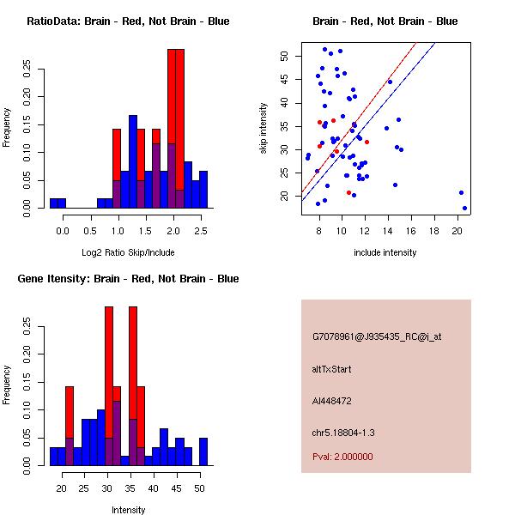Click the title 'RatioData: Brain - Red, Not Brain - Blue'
[x=128, y=21]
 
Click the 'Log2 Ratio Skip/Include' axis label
[x=128, y=253]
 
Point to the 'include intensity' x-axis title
[x=385, y=253]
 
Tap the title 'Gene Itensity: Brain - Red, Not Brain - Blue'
[x=128, y=279]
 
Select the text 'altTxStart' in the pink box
[x=331, y=369]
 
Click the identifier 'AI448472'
[x=332, y=401]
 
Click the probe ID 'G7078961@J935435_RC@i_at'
[x=377, y=337]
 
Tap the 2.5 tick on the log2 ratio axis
[x=202, y=231]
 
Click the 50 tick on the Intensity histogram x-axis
[x=198, y=488]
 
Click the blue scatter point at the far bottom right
[x=464, y=208]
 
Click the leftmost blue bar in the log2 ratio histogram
[x=58, y=203]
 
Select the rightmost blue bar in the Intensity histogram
[x=203, y=451]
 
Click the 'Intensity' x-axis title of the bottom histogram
[x=128, y=511]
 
